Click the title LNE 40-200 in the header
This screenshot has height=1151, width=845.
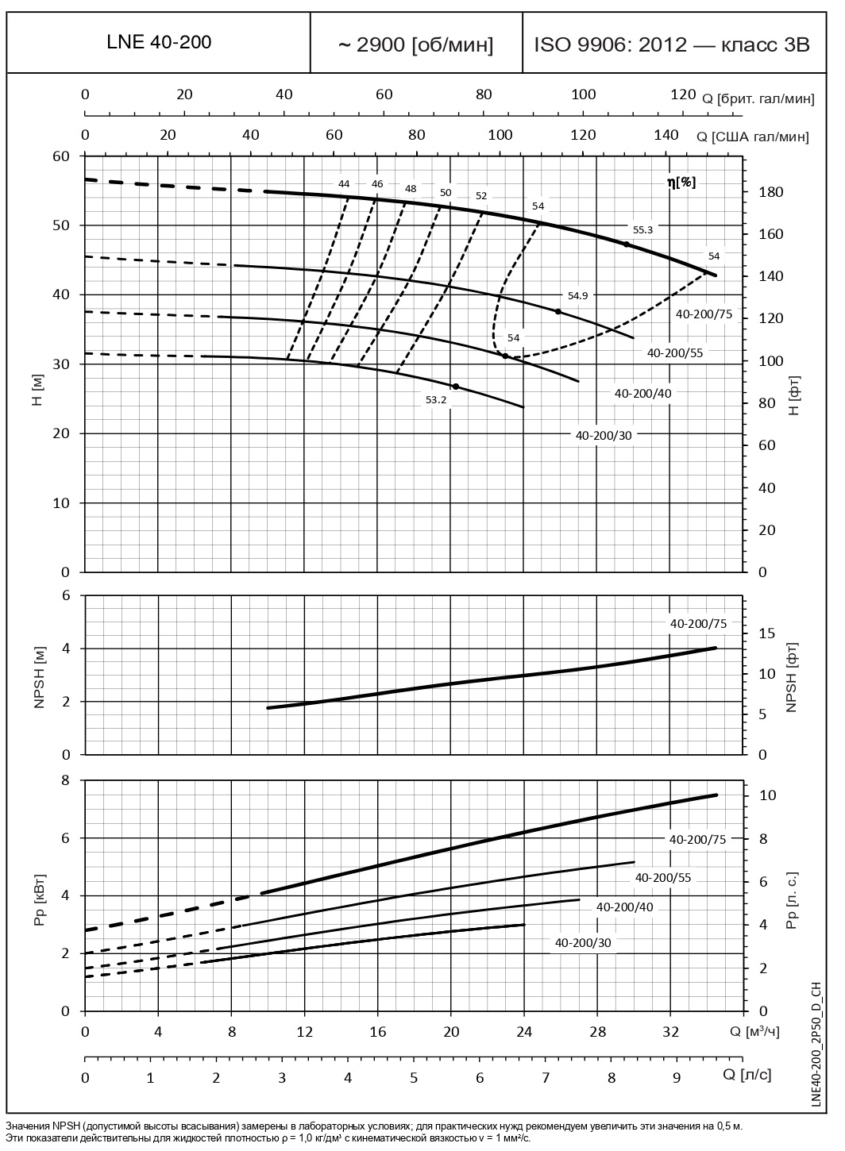pyautogui.click(x=159, y=43)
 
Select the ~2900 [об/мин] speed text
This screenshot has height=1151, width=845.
pyautogui.click(x=416, y=44)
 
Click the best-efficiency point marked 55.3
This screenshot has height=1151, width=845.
pyautogui.click(x=627, y=244)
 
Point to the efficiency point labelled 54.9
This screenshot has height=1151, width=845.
pyautogui.click(x=558, y=311)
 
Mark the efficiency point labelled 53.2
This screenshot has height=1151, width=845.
pyautogui.click(x=455, y=387)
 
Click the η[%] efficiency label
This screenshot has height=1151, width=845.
pyautogui.click(x=681, y=182)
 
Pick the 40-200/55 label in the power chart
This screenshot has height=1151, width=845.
pyautogui.click(x=662, y=877)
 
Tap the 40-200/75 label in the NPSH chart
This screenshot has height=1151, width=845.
pyautogui.click(x=698, y=624)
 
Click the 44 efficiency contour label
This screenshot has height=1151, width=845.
pyautogui.click(x=344, y=184)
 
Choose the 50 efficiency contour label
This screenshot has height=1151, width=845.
pyautogui.click(x=445, y=192)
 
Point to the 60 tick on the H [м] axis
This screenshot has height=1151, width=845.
pyautogui.click(x=63, y=156)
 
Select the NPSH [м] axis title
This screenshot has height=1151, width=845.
pyautogui.click(x=40, y=676)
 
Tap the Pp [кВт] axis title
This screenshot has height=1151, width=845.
pyautogui.click(x=40, y=895)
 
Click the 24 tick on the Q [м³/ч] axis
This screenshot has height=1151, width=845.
pyautogui.click(x=523, y=1032)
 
